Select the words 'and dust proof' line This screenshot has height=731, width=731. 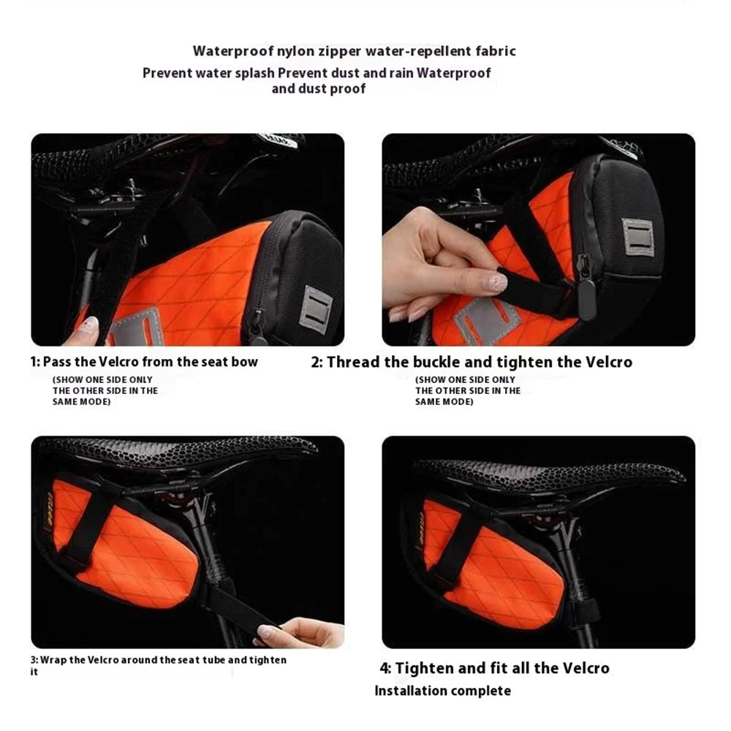(319, 88)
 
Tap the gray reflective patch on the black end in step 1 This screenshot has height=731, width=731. (316, 309)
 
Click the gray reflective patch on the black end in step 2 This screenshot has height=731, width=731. (637, 238)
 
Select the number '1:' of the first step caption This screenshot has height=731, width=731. (35, 362)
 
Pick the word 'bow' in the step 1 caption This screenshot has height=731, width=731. (246, 362)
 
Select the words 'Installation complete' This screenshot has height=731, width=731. (443, 691)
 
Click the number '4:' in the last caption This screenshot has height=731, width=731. (385, 669)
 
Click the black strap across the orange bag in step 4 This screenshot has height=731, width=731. (459, 543)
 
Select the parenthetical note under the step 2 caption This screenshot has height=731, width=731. (468, 390)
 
